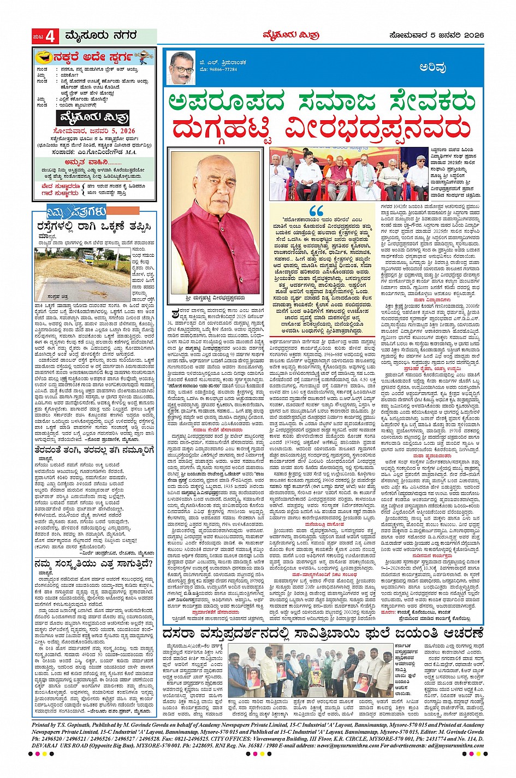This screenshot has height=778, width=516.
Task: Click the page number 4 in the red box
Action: click(x=51, y=37)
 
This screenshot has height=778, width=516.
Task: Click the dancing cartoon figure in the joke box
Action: click(x=143, y=56)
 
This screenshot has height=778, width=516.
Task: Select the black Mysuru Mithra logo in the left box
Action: click(x=93, y=118)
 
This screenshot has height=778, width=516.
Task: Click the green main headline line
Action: click(x=322, y=102)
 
